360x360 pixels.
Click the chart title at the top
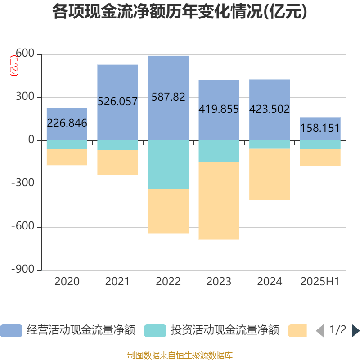180,12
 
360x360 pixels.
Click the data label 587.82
168,97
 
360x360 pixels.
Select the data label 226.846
67,123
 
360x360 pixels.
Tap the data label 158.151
320,128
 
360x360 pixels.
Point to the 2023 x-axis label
219,282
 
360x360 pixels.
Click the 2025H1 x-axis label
320,282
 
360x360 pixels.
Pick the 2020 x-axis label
67,282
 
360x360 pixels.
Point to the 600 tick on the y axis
25,54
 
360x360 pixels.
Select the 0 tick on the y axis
31,140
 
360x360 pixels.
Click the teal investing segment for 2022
168,165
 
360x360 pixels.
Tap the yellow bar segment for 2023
219,201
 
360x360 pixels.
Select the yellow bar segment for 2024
270,175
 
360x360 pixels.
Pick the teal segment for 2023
219,151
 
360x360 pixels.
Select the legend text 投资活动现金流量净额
225,331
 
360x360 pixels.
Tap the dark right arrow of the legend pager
355,331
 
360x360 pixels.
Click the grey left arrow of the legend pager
320,331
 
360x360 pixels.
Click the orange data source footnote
180,355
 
